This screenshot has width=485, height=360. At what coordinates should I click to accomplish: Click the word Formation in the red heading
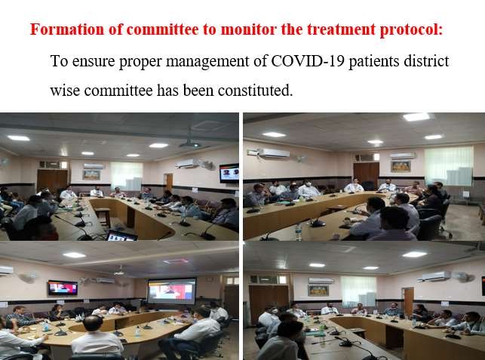pos(67,29)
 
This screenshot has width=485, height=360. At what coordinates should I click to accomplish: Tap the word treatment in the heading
pos(341,29)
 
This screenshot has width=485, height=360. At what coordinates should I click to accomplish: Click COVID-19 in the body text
pos(308,61)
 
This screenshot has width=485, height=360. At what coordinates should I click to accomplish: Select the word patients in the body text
pos(374,62)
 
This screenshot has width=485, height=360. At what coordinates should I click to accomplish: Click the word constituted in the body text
pos(255,91)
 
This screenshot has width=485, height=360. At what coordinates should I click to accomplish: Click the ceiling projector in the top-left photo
pos(190,144)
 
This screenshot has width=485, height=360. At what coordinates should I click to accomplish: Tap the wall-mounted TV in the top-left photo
pos(229,173)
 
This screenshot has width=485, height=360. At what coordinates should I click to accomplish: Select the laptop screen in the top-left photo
pos(121,236)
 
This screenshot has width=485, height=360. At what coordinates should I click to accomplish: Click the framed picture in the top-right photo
pos(401,167)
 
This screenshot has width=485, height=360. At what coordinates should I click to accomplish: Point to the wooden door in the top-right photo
pos(367,175)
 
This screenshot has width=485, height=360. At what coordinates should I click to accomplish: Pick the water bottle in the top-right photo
pos(298,232)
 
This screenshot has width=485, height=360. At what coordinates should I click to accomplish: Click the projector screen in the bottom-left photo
pos(172,291)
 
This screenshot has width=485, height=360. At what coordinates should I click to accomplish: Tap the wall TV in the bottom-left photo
pos(63,288)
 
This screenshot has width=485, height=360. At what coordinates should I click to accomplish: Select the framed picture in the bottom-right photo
pos(318,291)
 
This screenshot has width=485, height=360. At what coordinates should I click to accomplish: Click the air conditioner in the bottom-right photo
pos(434,277)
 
